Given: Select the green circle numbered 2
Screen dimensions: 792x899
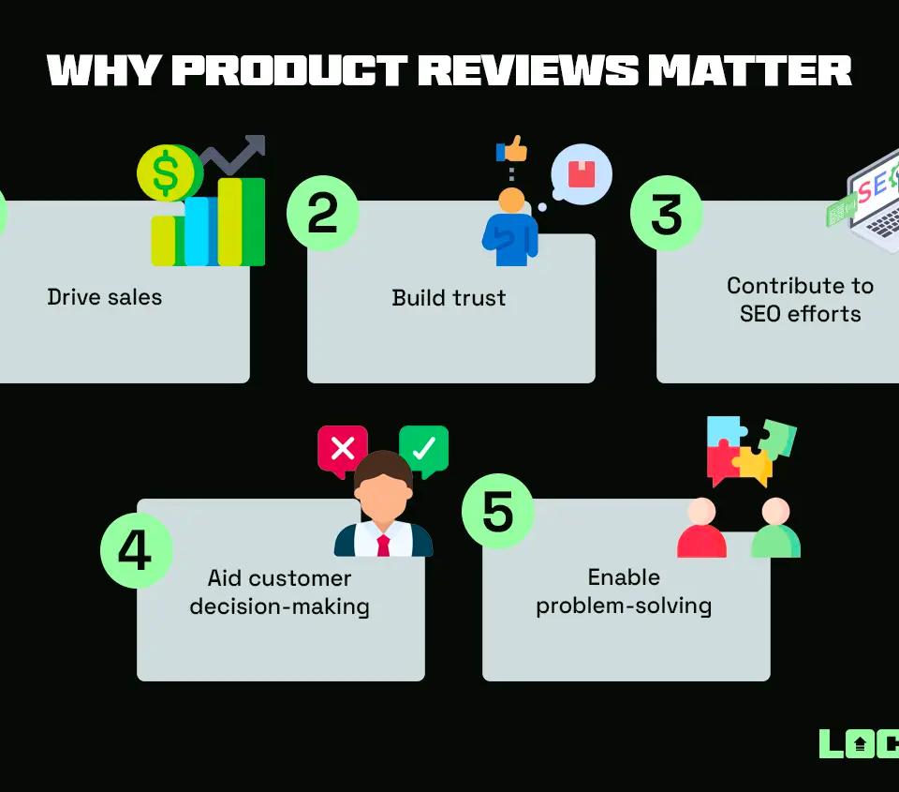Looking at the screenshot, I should click(322, 214).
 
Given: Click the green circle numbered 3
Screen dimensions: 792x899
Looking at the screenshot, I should click(666, 214).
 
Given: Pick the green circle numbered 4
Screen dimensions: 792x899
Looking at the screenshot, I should click(136, 552).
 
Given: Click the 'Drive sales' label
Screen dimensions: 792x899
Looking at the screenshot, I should click(105, 298).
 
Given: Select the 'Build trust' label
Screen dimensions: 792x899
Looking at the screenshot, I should click(449, 298).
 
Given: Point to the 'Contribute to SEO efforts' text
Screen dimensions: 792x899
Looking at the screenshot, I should click(800, 300).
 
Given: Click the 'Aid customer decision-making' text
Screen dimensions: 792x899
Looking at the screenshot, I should click(279, 592).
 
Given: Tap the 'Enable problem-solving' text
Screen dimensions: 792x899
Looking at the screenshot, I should click(624, 591).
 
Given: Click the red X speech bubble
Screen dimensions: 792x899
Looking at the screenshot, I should click(342, 448).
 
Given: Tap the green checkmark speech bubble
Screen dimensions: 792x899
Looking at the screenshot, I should click(423, 448).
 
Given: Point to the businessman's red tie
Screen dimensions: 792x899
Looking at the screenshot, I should click(383, 544).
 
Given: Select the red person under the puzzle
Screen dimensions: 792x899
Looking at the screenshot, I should click(701, 530).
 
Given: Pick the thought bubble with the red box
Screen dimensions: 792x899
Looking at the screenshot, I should click(581, 174).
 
